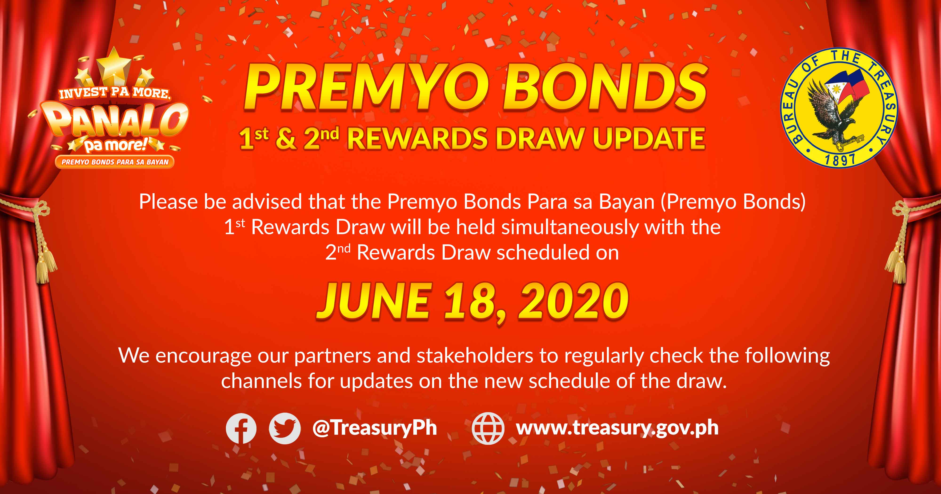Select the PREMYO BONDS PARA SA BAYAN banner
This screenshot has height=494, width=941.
tap(115, 162)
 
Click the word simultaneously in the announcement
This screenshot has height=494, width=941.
tap(569, 227)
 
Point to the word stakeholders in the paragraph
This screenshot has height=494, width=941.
tap(475, 356)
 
